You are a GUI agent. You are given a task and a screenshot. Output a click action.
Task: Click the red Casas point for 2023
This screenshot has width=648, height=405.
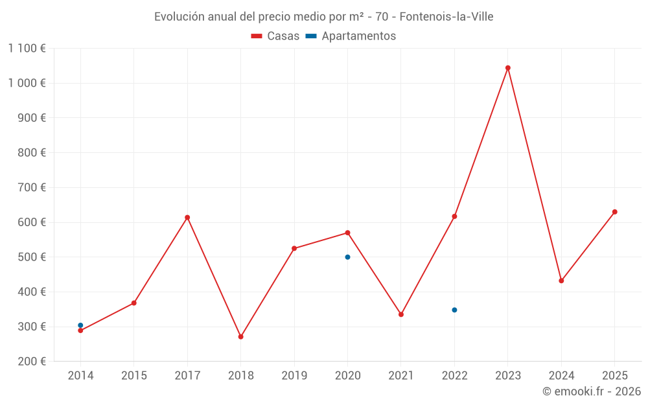pyautogui.click(x=508, y=68)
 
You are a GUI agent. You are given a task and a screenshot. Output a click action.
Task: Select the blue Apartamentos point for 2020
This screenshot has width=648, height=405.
pyautogui.click(x=347, y=257)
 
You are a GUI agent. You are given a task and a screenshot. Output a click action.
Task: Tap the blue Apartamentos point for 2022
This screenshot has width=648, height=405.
pyautogui.click(x=454, y=310)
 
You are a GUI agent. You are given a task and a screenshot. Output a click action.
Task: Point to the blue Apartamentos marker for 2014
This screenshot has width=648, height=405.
pyautogui.click(x=80, y=325)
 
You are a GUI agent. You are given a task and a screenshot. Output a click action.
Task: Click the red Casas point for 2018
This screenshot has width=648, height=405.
pyautogui.click(x=240, y=337)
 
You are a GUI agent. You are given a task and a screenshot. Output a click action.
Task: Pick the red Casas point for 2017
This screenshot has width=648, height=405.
pyautogui.click(x=187, y=218)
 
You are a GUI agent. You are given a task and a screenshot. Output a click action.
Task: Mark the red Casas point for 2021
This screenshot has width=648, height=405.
pyautogui.click(x=401, y=314)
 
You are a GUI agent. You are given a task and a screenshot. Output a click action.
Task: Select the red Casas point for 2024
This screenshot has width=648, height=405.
pyautogui.click(x=561, y=281)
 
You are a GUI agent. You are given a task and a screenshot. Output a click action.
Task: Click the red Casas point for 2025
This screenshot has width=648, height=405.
pyautogui.click(x=615, y=212)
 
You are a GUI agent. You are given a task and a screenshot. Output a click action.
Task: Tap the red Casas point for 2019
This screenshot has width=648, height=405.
pyautogui.click(x=294, y=248)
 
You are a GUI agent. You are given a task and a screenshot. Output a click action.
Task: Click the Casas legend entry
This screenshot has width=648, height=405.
pyautogui.click(x=276, y=36)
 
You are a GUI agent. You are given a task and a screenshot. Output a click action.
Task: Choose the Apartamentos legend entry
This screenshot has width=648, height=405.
pyautogui.click(x=351, y=36)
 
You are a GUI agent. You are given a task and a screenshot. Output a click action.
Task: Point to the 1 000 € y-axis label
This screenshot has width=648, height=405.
pyautogui.click(x=27, y=83)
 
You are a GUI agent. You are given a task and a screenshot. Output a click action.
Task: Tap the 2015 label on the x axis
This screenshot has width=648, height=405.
pyautogui.click(x=134, y=376)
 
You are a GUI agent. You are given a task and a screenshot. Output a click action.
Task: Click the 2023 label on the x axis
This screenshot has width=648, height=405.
pyautogui.click(x=508, y=376)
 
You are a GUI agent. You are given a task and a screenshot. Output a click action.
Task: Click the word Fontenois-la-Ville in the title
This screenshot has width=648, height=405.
pyautogui.click(x=446, y=17)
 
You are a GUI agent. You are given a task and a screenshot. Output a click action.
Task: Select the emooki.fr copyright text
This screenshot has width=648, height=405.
pyautogui.click(x=592, y=391)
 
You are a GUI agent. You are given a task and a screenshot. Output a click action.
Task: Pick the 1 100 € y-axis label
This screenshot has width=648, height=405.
pyautogui.click(x=27, y=49)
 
